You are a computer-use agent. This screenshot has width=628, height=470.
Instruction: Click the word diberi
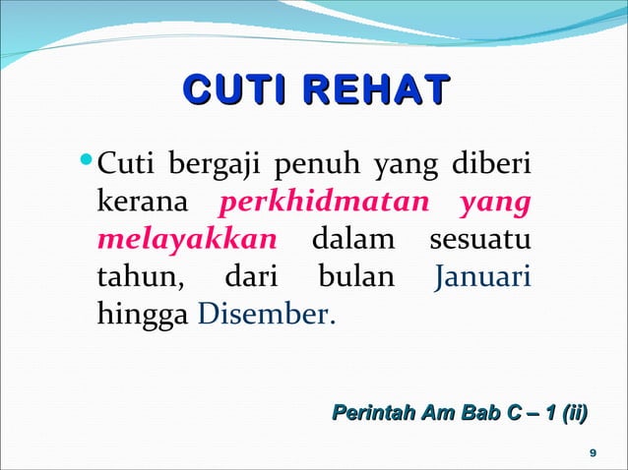[x=491, y=162]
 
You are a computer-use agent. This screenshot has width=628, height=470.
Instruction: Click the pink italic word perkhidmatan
[x=326, y=204]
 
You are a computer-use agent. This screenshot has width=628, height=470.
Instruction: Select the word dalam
[x=353, y=241]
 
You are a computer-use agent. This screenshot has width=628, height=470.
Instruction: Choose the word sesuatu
[x=481, y=241]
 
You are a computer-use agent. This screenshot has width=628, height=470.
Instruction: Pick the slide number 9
[x=590, y=451]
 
